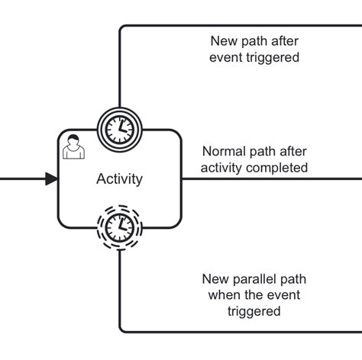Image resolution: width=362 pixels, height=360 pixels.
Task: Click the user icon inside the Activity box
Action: tap(75, 146)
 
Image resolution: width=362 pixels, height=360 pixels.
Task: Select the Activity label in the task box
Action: tap(119, 179)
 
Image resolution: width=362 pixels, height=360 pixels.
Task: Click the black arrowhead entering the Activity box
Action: tap(51, 179)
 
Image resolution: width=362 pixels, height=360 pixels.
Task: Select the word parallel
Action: tap(254, 279)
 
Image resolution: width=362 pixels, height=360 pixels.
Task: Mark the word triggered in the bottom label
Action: tap(254, 311)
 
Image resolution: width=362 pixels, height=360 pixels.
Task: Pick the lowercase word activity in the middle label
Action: tap(226, 167)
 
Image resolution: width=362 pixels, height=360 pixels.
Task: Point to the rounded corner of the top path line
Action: tap(122, 29)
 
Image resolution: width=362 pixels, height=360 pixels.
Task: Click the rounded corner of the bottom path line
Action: tap(122, 329)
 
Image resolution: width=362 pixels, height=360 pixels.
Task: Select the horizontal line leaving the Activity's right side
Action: tap(267, 179)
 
